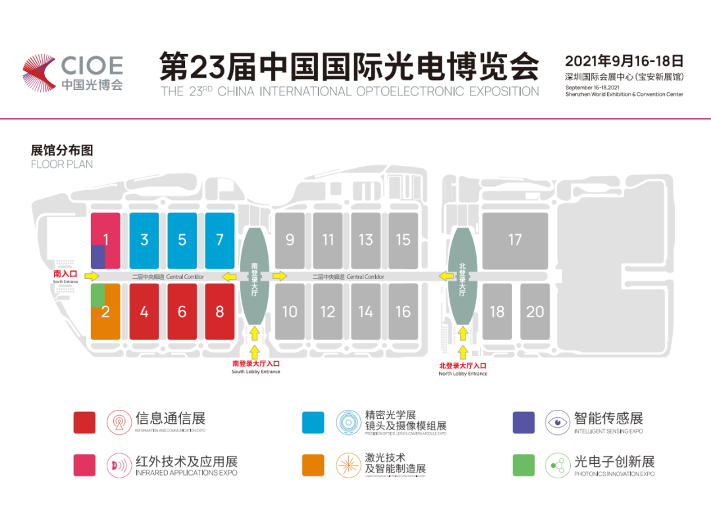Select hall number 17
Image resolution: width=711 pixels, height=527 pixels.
tap(515, 240)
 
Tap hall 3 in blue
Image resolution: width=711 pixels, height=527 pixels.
tap(144, 240)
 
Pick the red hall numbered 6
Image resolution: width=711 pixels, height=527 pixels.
tap(182, 311)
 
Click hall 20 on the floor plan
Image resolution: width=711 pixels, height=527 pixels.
tap(535, 311)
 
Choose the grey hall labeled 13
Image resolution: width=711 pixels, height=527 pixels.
tap(365, 240)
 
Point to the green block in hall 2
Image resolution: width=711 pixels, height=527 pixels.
tap(97, 295)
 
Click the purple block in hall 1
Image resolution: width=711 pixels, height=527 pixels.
tap(97, 257)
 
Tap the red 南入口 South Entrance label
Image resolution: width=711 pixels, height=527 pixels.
tap(66, 273)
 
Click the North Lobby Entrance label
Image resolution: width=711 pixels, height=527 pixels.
tap(463, 368)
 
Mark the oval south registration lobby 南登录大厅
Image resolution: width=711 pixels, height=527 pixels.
tap(255, 276)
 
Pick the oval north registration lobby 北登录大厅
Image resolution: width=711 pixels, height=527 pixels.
tap(462, 276)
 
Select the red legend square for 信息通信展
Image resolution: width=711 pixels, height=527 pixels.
tap(84, 422)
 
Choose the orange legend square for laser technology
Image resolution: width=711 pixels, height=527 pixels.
tap(313, 465)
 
